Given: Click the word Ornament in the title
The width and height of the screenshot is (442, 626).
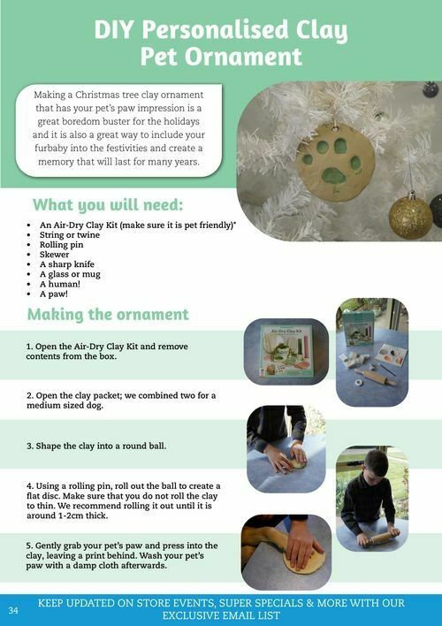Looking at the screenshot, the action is (x=243, y=57).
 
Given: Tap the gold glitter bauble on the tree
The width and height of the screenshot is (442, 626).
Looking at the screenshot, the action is (x=410, y=217).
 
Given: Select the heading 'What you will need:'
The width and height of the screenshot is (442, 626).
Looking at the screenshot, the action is (x=108, y=205).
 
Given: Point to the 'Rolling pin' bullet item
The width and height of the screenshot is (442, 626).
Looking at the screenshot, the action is (x=62, y=245).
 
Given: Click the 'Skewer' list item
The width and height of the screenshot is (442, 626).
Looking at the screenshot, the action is (x=54, y=255).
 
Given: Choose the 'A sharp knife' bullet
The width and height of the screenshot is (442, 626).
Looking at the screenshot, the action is (x=67, y=264).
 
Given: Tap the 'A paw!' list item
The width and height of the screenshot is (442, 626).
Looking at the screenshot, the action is (x=54, y=294).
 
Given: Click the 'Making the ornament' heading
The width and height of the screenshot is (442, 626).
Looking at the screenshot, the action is (x=108, y=314).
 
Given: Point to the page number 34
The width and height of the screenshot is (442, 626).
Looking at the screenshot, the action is (x=13, y=610).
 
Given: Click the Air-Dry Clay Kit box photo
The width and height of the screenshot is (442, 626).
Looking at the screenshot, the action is (x=286, y=352).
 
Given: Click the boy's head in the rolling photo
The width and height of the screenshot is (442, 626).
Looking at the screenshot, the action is (x=376, y=464).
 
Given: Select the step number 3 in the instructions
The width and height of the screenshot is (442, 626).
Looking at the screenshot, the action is (x=30, y=446).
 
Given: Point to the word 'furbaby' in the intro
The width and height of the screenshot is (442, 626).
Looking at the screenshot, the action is (x=50, y=149).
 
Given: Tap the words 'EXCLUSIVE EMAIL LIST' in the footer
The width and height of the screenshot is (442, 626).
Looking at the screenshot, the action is (x=221, y=615).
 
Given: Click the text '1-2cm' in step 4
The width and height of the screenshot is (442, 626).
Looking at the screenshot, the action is (x=65, y=515).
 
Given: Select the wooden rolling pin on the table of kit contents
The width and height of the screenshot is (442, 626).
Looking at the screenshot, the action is (x=376, y=378).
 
